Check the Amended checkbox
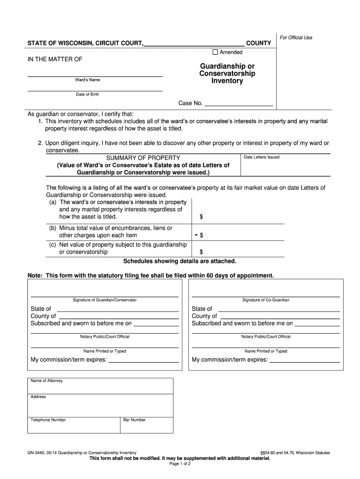coord(216,52)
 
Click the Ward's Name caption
coord(87,80)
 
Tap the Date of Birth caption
coord(87,94)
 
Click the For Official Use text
coord(295,37)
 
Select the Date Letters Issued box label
coord(261,157)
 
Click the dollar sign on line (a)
coord(201,217)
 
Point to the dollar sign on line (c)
coord(201,252)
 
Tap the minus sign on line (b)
coord(196,235)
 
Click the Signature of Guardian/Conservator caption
coord(105,300)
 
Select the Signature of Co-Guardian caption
coord(266,300)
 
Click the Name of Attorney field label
coord(46,381)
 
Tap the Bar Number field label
coord(134,420)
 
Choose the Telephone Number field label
coord(48,420)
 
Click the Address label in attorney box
coord(38,397)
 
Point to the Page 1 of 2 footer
coord(180,464)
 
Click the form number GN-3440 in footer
coord(39,453)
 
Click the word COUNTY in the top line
coord(259,43)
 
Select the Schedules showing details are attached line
coord(180,261)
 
